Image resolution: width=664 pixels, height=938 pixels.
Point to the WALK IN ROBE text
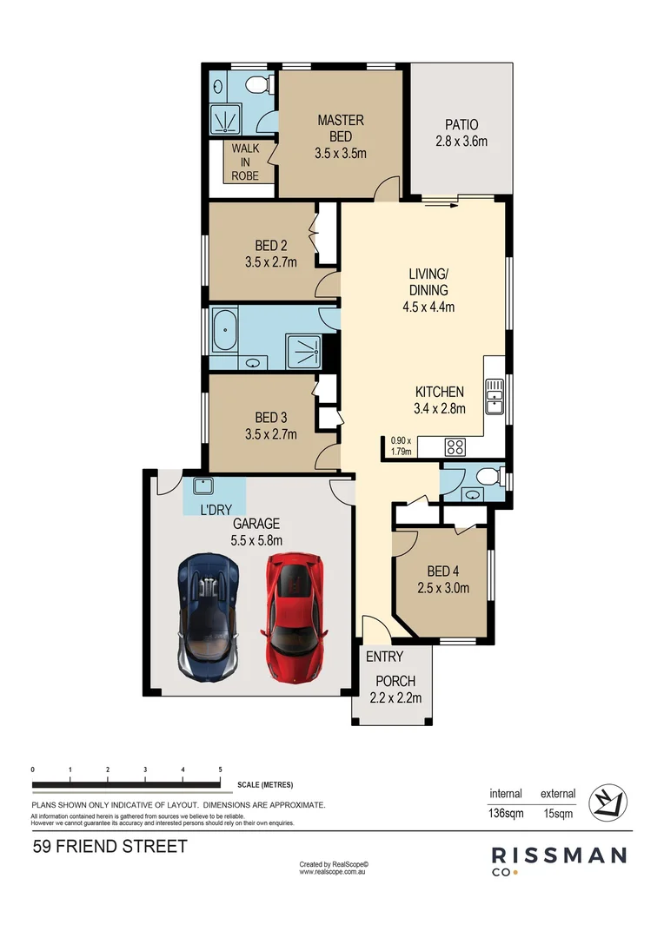(x=245, y=162)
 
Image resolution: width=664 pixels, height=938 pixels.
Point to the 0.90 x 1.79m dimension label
(x=401, y=445)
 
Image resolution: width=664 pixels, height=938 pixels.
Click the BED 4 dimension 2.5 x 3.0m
(x=443, y=588)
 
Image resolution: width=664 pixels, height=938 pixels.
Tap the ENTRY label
(x=384, y=657)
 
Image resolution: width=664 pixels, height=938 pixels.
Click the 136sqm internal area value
(x=506, y=814)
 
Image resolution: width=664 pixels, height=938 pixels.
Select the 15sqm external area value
(x=558, y=814)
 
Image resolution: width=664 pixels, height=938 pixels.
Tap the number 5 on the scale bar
(x=221, y=770)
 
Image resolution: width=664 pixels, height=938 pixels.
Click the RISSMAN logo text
(x=559, y=855)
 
